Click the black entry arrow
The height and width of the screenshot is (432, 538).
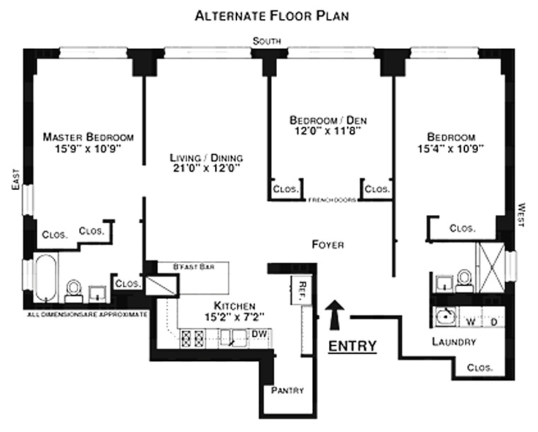tap(336, 314)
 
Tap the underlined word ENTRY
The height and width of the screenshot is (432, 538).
tap(353, 346)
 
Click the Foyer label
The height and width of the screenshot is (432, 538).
tap(328, 244)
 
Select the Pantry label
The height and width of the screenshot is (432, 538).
tap(287, 390)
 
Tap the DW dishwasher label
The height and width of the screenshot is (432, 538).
tap(259, 334)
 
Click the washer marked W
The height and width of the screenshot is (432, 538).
tap(469, 319)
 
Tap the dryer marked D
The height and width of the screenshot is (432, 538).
tap(494, 319)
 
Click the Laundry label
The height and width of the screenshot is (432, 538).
tap(453, 342)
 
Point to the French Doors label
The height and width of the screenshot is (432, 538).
tap(331, 200)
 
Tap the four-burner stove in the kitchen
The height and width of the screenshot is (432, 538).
tap(192, 338)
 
